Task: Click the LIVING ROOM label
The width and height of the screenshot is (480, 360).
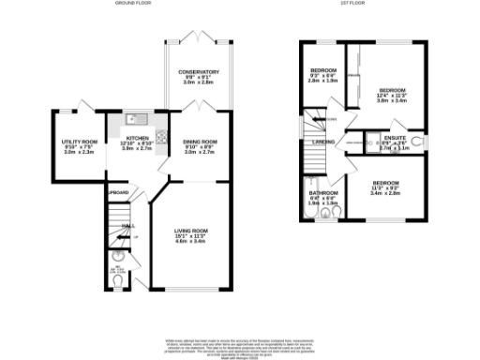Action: click(195, 228)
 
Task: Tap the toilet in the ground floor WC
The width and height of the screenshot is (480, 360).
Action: click(118, 255)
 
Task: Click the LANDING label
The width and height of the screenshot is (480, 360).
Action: click(324, 142)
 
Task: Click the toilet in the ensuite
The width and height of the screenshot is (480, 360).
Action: click(416, 142)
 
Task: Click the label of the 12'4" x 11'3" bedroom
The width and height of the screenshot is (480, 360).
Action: click(392, 91)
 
